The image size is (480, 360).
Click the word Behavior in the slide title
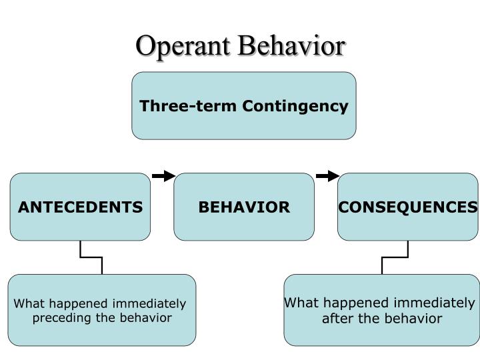(x=292, y=46)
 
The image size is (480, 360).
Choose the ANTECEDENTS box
(x=80, y=223)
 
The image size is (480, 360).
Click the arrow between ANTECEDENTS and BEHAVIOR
(x=163, y=176)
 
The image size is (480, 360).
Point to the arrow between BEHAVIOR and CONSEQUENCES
(x=327, y=176)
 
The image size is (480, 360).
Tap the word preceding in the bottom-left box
(x=63, y=317)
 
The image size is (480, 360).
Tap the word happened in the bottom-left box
(x=74, y=304)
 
